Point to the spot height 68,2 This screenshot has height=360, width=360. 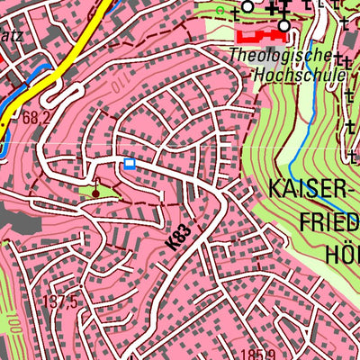(x=37, y=118)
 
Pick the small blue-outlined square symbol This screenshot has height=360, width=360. (x=130, y=163)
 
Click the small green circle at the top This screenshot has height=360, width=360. (x=221, y=10)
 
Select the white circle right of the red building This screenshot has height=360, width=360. (x=284, y=26)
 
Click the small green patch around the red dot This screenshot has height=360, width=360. (x=104, y=192)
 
